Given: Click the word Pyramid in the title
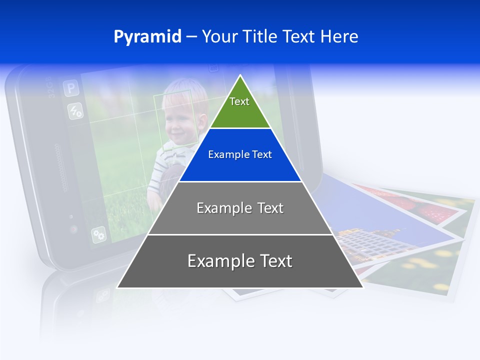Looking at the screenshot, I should (x=147, y=37).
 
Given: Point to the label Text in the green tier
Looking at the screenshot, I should (x=239, y=101).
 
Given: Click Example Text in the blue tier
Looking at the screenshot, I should (x=240, y=154).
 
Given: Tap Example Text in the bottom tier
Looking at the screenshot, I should (x=240, y=261).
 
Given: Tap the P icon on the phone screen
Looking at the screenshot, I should (x=71, y=89).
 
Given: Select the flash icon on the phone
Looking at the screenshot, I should (x=75, y=110).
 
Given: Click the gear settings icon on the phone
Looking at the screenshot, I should (x=98, y=234).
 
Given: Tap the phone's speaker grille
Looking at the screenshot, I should (x=62, y=167).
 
